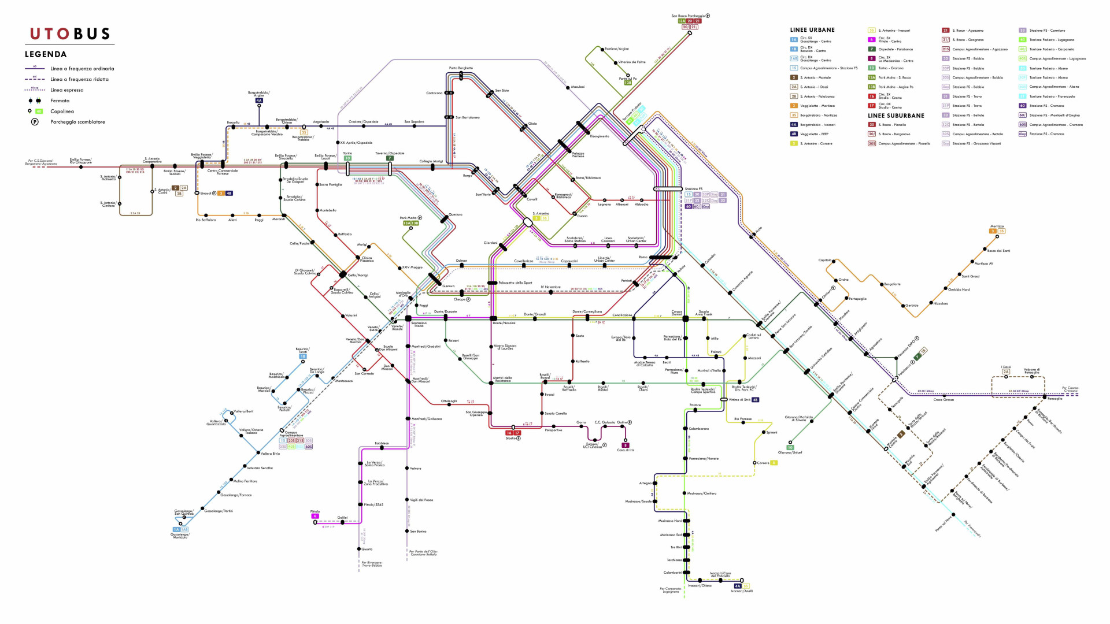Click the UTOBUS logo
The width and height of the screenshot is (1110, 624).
tap(70, 34)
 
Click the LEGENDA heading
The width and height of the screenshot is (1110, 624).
tap(46, 54)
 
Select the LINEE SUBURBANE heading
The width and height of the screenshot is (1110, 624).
tap(896, 116)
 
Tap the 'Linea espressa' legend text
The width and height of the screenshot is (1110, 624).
tap(66, 90)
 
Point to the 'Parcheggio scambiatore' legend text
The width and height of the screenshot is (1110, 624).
tap(77, 122)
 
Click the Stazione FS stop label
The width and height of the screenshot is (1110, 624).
tap(693, 189)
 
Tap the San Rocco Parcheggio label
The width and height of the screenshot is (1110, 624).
tap(688, 16)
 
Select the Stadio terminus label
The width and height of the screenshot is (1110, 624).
tap(510, 439)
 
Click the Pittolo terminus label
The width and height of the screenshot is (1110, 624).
tap(315, 511)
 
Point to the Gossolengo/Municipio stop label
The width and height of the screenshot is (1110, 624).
tap(180, 536)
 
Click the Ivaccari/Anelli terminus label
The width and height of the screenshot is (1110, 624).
tap(742, 591)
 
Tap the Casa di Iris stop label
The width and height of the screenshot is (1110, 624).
tap(625, 450)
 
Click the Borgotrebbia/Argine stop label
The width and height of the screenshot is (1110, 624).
tap(259, 94)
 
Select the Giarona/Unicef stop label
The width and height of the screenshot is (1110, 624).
tap(790, 452)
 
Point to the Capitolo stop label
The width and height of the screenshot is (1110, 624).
tap(824, 260)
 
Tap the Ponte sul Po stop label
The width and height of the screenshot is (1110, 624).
tap(627, 79)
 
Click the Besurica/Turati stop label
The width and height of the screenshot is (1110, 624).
tap(302, 350)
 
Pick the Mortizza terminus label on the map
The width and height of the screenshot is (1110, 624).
tap(997, 226)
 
